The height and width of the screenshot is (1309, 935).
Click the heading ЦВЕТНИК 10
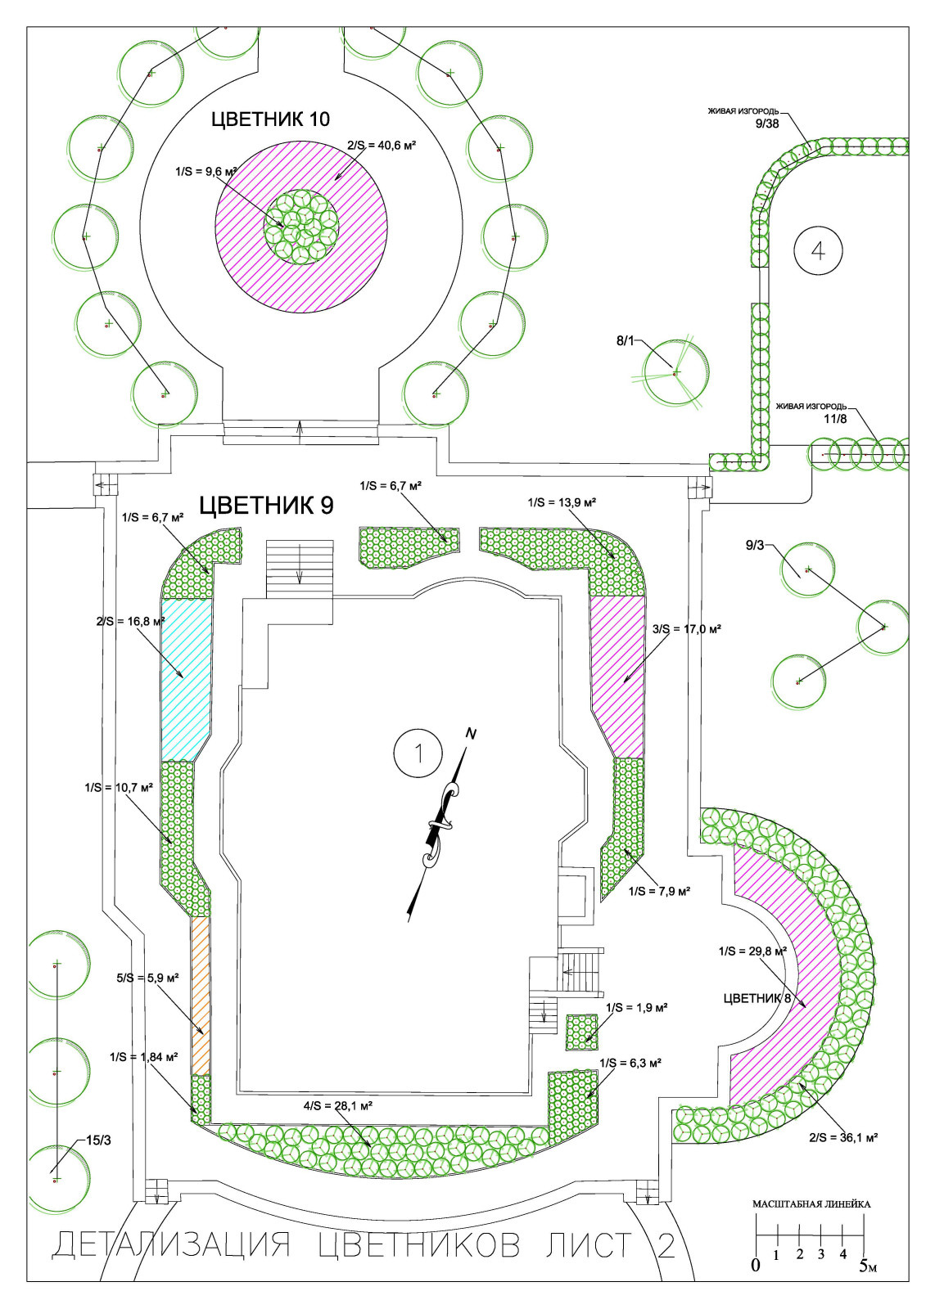click(x=270, y=119)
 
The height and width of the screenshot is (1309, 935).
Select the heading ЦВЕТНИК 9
click(x=267, y=506)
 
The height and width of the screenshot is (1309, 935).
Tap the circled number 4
click(x=818, y=250)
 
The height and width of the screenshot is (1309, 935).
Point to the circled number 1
click(x=418, y=753)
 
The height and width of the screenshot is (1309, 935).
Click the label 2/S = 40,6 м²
click(x=382, y=145)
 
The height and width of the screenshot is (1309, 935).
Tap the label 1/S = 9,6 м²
click(x=206, y=172)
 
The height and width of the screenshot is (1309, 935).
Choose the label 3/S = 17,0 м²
click(x=686, y=629)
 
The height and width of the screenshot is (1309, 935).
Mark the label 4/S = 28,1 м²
click(x=339, y=1105)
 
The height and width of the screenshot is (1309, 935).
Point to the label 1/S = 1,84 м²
click(x=144, y=1056)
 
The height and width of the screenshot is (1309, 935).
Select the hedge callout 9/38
click(x=767, y=124)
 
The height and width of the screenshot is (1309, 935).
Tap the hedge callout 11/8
click(x=835, y=418)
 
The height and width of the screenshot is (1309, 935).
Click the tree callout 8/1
click(x=625, y=340)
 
